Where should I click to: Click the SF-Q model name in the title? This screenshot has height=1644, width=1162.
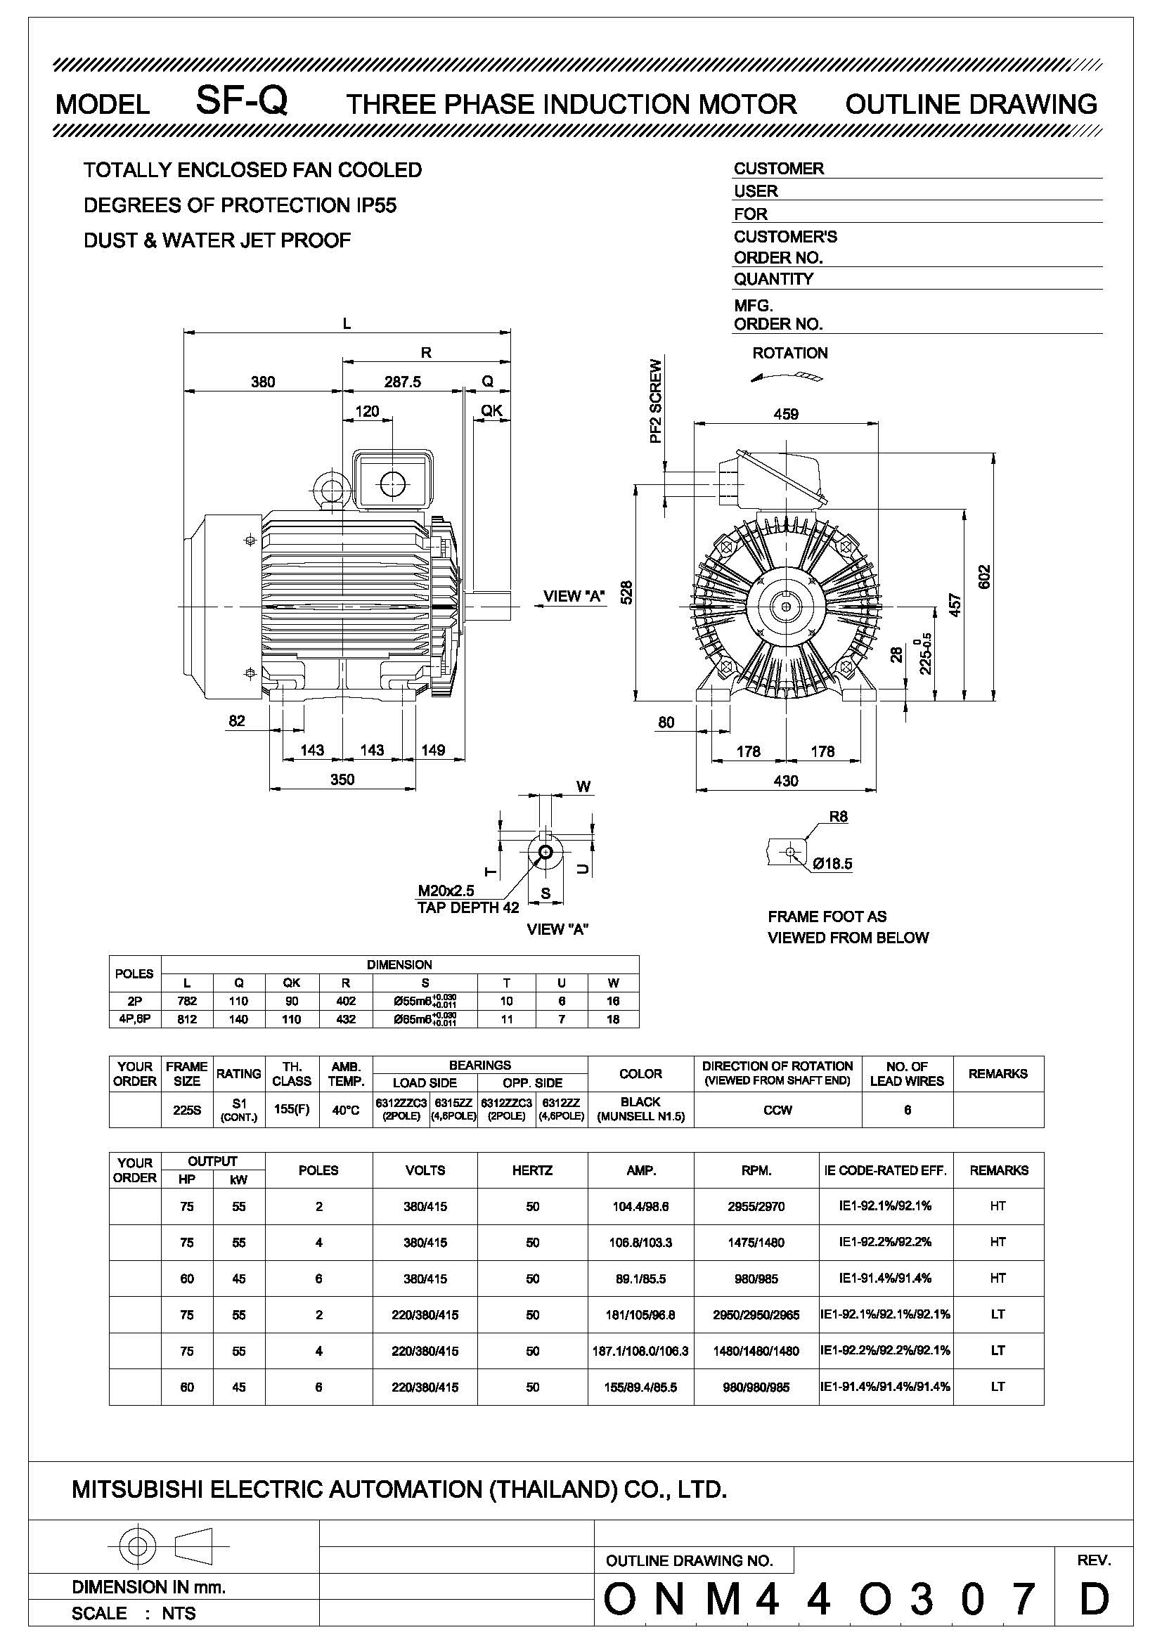point(241,101)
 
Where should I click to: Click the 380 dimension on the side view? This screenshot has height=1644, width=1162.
point(263,382)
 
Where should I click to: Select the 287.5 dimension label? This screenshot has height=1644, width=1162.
point(402,382)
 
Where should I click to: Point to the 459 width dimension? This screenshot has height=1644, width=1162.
point(785,414)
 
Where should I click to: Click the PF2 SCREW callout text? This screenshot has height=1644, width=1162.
point(656,401)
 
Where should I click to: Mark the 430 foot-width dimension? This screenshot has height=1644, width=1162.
point(785,780)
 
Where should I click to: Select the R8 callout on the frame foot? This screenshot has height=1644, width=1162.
point(838,817)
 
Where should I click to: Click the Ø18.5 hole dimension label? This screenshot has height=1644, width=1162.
point(832,864)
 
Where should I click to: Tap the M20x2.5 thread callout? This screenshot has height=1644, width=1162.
point(446,891)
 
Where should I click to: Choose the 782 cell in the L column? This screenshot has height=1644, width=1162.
point(187,1001)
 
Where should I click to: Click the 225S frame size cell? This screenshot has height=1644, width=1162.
point(187,1111)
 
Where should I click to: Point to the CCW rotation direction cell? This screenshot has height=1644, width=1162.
point(777,1111)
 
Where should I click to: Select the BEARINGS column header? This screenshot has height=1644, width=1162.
point(479,1066)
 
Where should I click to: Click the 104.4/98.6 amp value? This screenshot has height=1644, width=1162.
point(640,1207)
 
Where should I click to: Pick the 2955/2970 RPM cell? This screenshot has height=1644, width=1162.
point(756,1207)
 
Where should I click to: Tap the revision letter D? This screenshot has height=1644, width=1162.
point(1093,1599)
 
